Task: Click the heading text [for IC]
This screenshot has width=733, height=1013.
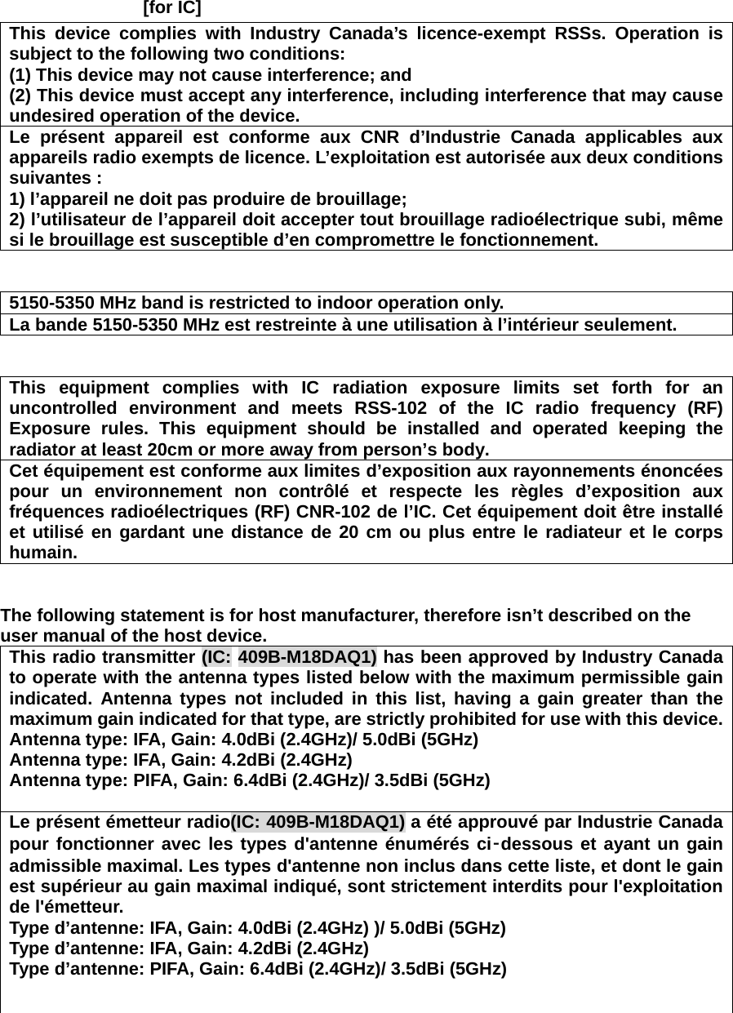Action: coord(172,9)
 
